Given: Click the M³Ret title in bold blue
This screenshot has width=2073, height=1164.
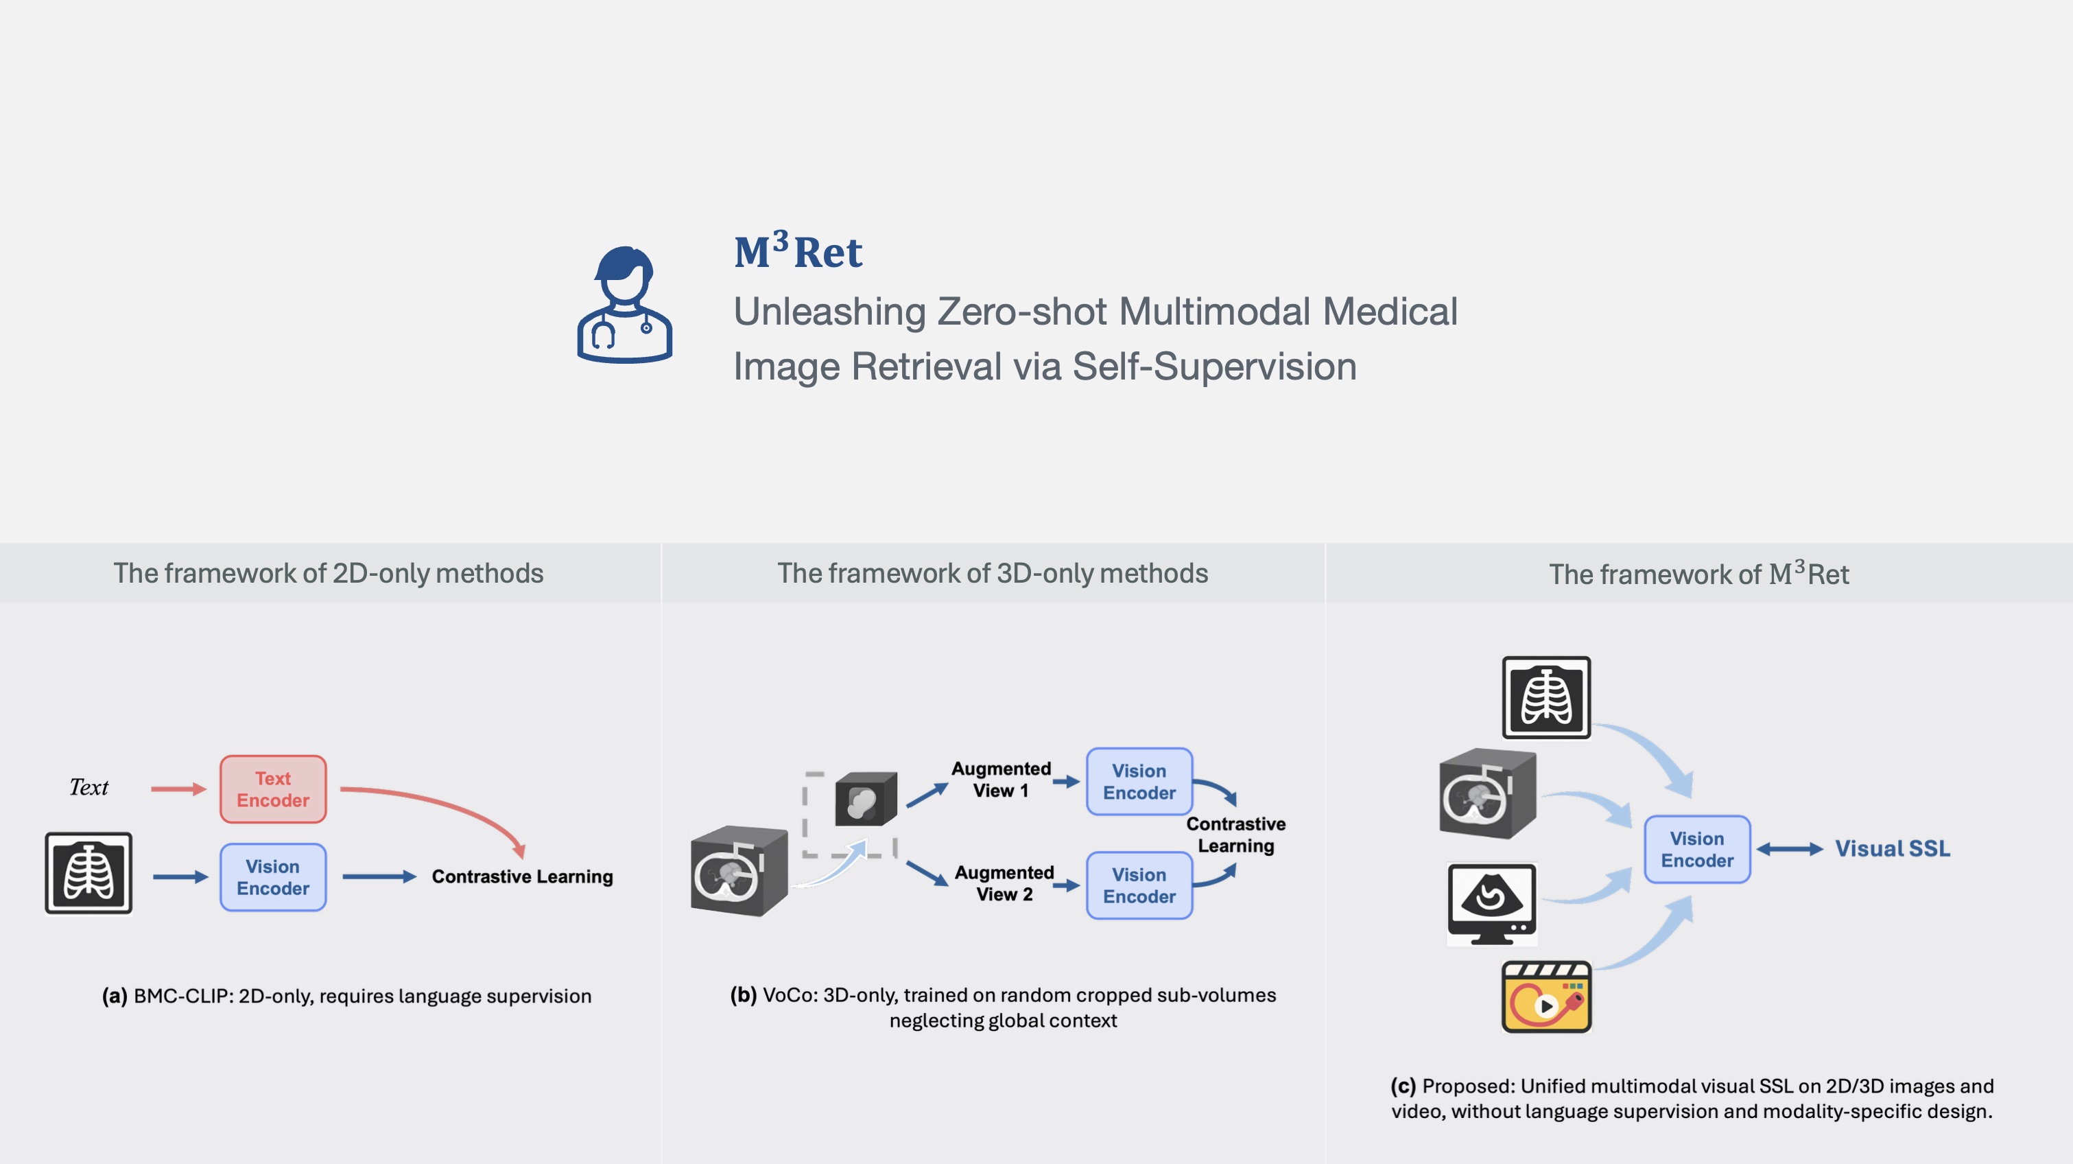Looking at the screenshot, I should coord(798,251).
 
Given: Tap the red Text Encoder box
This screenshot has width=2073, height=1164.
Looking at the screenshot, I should coord(273,789).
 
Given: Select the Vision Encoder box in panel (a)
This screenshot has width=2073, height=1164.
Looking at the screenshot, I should coord(273,876).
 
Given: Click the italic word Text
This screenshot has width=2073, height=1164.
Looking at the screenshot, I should coord(88,787).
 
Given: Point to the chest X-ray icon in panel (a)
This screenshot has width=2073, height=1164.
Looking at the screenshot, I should coord(88,874).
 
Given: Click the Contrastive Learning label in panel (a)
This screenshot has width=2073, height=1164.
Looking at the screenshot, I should coord(522,876).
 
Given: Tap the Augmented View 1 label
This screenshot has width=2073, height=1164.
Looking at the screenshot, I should coord(1000,779).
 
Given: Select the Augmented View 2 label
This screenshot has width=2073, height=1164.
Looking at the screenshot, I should coord(1004,883).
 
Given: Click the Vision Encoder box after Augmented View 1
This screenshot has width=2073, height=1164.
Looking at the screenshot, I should coord(1139,782).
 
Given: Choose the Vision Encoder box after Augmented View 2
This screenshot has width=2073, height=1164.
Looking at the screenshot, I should coord(1139,885).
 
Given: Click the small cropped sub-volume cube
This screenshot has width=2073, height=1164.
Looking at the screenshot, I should coord(865,800).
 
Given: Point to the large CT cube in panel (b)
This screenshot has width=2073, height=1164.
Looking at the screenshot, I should coord(738,871).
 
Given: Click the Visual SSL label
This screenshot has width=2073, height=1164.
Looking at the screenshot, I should coord(1892,848).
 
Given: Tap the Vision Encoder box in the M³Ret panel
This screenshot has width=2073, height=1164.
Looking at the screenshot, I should coord(1696,849).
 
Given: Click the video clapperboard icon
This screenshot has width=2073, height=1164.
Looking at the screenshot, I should coord(1546,997).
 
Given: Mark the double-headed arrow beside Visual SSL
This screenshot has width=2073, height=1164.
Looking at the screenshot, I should coord(1789,848).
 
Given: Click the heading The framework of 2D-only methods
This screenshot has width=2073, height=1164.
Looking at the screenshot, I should coord(329,573).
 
